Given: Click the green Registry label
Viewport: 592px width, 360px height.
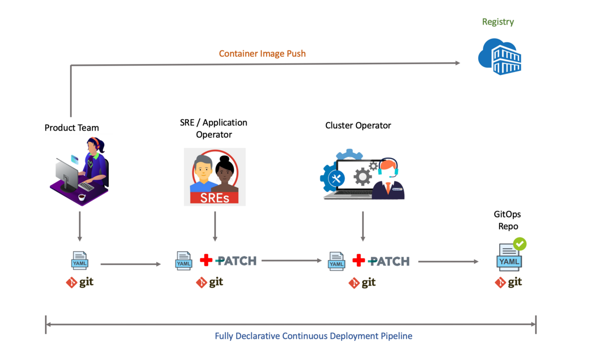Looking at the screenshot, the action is pos(498,22).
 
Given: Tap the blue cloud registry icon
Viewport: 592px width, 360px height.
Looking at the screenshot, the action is pos(499,57).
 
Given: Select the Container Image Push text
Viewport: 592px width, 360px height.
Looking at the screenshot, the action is pos(262,54).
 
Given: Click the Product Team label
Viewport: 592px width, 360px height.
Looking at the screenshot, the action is pos(71,128).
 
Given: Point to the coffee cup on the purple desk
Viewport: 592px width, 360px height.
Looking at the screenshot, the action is pos(82,197).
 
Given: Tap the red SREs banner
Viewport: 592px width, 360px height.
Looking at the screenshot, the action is pos(214,198).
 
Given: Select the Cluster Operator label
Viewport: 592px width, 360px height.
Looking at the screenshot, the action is pos(358,125).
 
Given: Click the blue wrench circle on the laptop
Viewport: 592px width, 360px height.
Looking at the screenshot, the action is pos(336,179).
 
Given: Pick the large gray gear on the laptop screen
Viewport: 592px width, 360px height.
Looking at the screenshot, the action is pos(363,176).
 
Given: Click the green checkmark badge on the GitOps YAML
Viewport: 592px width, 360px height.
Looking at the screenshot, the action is pos(520,244).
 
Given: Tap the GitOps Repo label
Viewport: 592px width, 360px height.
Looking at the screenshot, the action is pos(507,220).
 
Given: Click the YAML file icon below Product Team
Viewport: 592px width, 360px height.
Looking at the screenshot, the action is pos(79,260).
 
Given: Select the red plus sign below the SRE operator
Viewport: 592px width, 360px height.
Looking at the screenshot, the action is pos(206,260).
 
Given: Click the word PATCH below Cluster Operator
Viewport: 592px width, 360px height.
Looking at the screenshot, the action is pos(389,261).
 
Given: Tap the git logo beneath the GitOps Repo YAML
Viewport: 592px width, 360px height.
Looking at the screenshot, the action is pos(508,282).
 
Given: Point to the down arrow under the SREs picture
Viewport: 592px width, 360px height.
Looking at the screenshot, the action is pos(215,226).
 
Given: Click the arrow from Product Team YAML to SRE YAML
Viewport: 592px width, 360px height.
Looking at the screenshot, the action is pos(131,264).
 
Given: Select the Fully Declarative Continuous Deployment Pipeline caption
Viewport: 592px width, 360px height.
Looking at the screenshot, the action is pos(313,336).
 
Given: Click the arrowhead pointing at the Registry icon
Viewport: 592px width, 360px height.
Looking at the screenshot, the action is pos(458,63).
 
